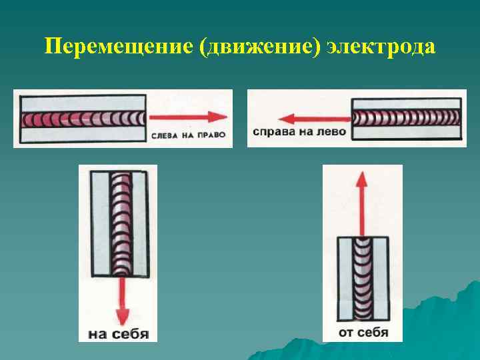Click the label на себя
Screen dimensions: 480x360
point(119,333)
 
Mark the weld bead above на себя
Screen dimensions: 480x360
point(121,223)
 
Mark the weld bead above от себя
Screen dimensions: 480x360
point(362,280)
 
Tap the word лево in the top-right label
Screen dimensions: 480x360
point(332,132)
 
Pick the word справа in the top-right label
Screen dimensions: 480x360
point(275,132)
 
